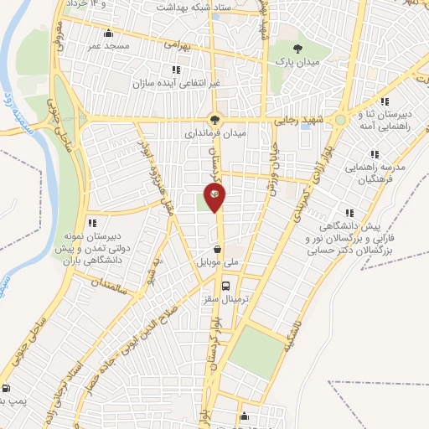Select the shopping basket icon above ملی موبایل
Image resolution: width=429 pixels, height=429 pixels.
[x=218, y=249]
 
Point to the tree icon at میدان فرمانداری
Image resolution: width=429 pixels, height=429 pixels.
[x=215, y=119]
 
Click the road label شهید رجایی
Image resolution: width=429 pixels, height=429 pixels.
[x=295, y=120]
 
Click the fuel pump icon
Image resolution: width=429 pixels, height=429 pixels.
[x=6, y=388]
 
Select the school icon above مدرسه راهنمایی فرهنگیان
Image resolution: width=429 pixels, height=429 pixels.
[x=374, y=154]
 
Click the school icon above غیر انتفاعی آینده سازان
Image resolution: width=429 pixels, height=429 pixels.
[x=176, y=70]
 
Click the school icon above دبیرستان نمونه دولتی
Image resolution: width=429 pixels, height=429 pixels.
[x=92, y=222]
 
